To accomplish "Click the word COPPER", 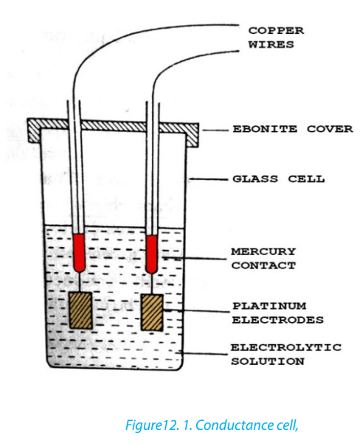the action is pos(276,31).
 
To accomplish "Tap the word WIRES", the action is pos(271,45).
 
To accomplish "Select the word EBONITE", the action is pos(265,129).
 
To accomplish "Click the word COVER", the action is pos(330,129).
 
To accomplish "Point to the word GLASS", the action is pos(255,179).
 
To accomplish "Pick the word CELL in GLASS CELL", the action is pos(306,179).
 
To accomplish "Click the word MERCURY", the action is pos(263,251).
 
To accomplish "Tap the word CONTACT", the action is pos(263,265).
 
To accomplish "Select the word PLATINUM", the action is pos(269,306).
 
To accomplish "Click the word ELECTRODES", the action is pos(278,320).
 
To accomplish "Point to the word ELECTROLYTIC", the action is pos(285,347).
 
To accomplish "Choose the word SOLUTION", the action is pos(268,361).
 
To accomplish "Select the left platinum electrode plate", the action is pos(81,310).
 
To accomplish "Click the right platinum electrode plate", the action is pos(152,313).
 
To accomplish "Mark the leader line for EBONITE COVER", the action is pos(215,130).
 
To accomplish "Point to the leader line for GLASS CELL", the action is pos(209,179).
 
